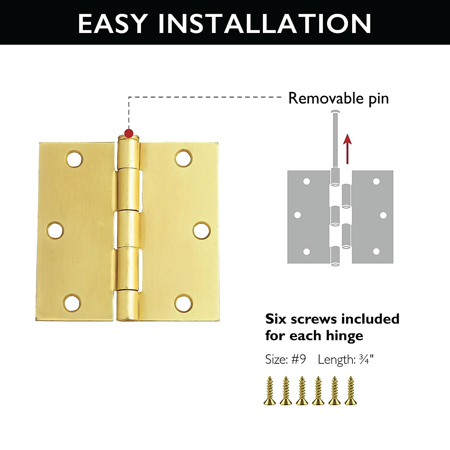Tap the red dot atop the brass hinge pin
(129, 133)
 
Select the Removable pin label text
(338, 98)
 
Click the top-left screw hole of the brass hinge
(75, 159)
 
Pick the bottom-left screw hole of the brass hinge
(72, 303)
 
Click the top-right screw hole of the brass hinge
(183, 158)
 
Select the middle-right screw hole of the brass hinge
(202, 230)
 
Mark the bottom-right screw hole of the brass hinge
(184, 303)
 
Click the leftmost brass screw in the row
(270, 391)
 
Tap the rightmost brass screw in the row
(351, 391)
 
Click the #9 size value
(298, 359)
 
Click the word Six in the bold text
(276, 319)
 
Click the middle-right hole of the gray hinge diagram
(383, 215)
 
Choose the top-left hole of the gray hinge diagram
(307, 182)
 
